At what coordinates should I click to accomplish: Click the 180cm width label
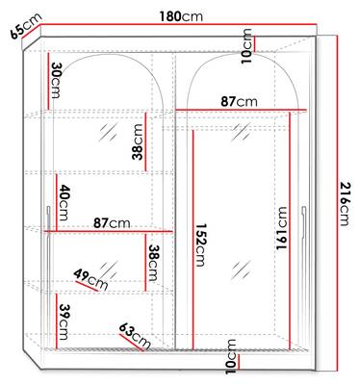point(181,16)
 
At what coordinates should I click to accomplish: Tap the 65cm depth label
point(26,26)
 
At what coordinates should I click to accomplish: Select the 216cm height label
point(345,203)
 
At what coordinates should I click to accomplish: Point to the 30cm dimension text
point(56,80)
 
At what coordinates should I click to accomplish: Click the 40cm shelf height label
point(64,202)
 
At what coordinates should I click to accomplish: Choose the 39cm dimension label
point(64,321)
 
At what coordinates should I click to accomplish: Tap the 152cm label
point(200,245)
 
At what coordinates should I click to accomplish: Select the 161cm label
point(282,228)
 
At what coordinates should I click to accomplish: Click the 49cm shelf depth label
point(90,279)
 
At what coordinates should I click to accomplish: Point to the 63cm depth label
point(135,336)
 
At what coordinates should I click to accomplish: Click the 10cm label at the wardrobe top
point(246,46)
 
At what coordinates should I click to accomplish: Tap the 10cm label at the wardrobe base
point(231,356)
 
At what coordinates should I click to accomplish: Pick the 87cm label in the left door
point(112,222)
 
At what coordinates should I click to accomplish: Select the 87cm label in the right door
point(239,102)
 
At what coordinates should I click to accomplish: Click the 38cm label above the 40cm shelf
point(138,141)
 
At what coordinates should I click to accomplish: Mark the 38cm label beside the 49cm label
point(152,263)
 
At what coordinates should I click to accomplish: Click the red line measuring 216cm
point(338,203)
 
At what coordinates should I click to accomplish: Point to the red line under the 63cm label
point(131,343)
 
